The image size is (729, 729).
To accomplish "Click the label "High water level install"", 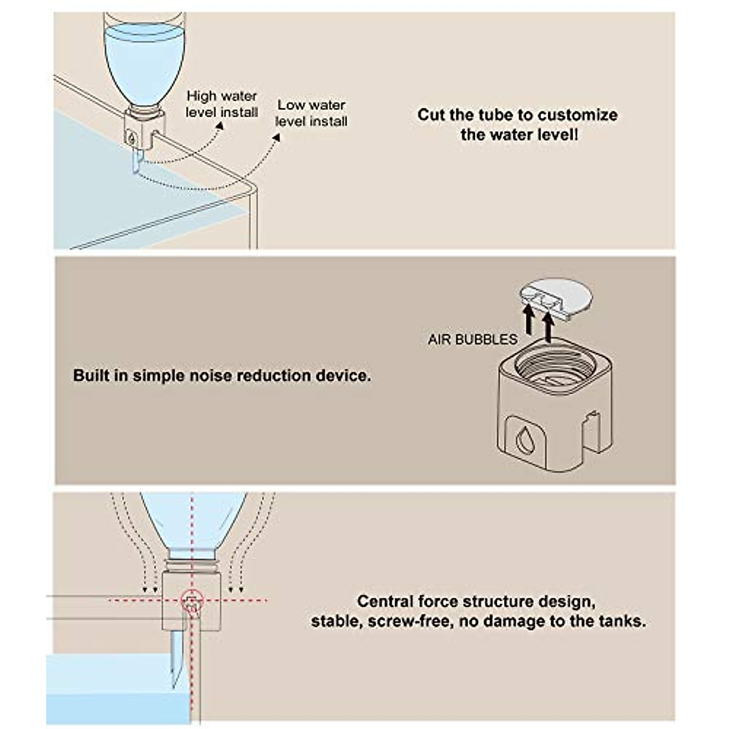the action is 222,104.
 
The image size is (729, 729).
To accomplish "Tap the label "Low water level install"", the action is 312,113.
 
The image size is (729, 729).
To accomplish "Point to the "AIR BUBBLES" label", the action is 473,340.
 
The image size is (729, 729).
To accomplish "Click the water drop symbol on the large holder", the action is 524,439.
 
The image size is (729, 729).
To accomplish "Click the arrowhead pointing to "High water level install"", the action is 220,125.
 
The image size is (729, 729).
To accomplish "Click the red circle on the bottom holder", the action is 192,600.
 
